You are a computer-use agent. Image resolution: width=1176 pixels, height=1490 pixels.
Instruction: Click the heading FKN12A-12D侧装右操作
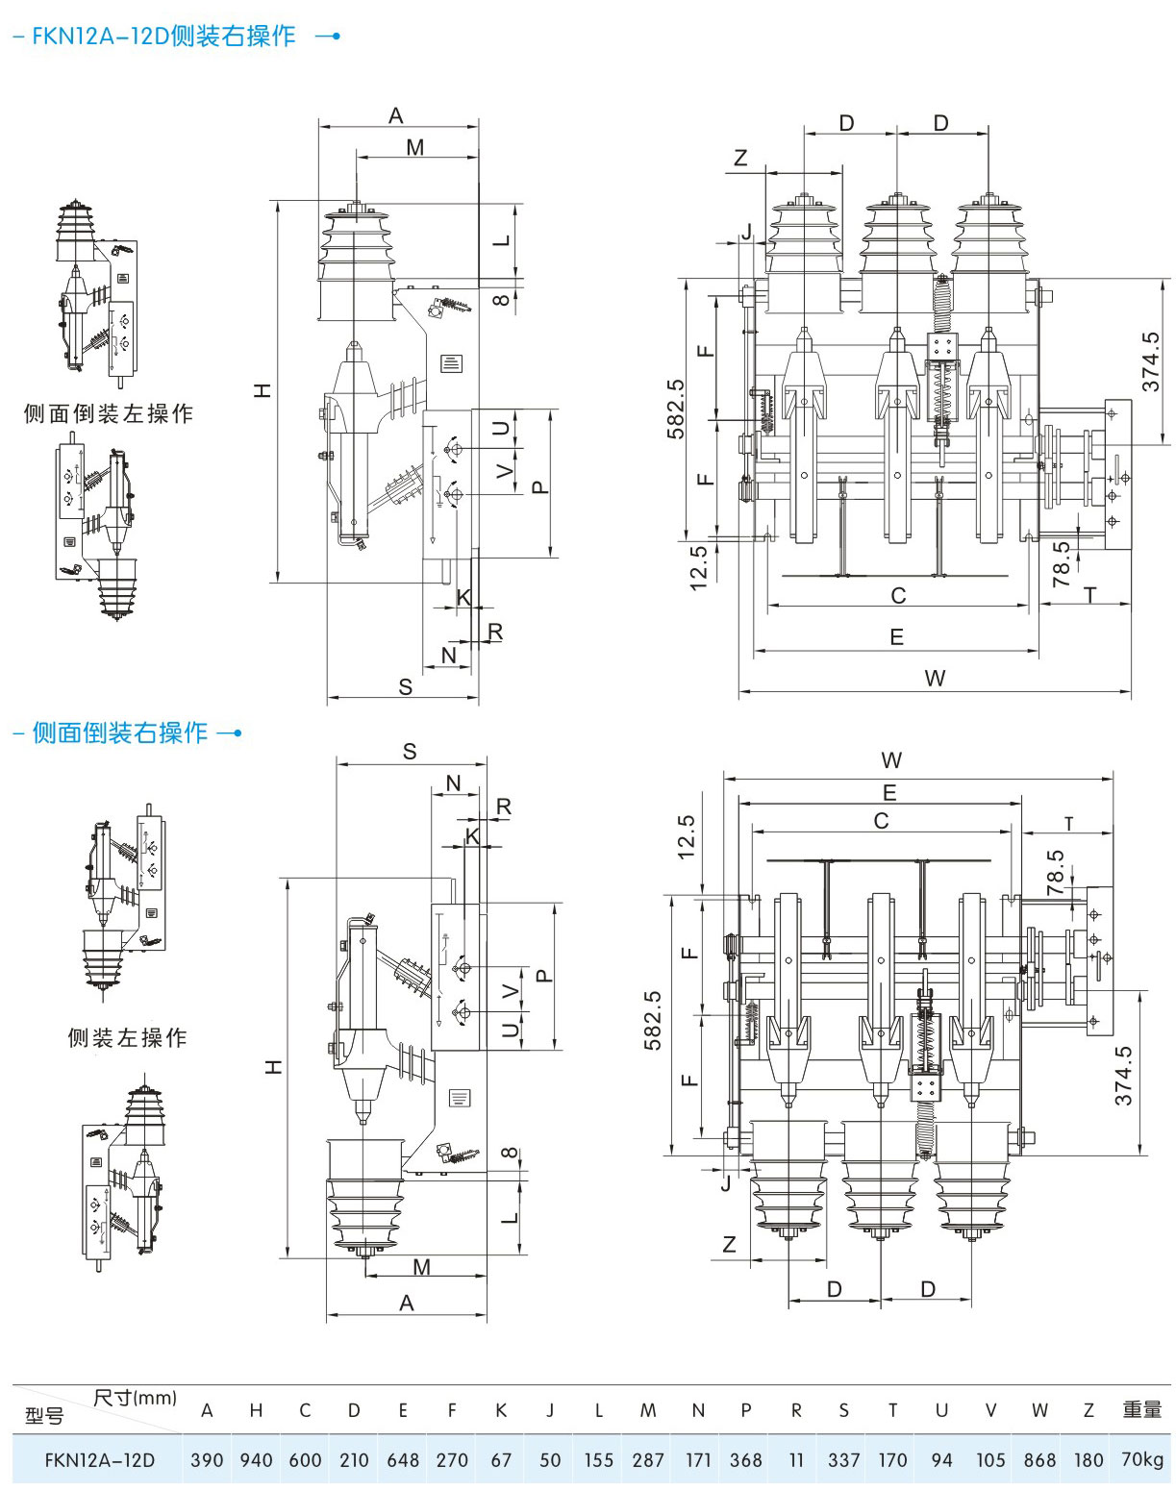click(163, 36)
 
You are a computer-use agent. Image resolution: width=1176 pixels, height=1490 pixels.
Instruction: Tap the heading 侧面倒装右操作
click(120, 733)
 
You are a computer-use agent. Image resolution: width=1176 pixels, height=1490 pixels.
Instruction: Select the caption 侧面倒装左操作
click(108, 413)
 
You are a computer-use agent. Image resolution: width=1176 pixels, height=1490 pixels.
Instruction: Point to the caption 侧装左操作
click(128, 1037)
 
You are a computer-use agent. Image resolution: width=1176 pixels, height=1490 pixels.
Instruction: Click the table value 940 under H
click(256, 1459)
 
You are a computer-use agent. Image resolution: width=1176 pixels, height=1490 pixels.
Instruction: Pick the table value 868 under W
click(1039, 1459)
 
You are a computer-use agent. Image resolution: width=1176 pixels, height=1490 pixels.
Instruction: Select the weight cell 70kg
click(1142, 1459)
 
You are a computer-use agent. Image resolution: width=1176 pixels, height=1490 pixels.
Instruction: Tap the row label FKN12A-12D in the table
click(100, 1459)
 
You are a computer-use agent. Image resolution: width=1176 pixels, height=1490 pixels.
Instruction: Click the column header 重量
click(1142, 1409)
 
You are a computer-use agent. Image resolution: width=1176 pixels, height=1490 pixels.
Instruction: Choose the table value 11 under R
click(796, 1459)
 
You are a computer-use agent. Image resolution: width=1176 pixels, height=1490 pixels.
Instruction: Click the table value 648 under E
click(403, 1459)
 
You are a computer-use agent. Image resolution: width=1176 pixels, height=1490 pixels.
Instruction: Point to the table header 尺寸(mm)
click(135, 1397)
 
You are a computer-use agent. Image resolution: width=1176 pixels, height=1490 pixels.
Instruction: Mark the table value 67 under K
click(501, 1459)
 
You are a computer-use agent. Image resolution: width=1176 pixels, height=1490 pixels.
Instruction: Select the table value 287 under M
click(647, 1459)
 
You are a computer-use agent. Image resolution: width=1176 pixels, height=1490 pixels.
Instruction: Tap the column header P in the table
click(746, 1410)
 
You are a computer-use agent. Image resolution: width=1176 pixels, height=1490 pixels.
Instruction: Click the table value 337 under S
click(843, 1459)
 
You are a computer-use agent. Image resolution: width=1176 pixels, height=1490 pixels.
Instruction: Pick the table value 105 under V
click(990, 1459)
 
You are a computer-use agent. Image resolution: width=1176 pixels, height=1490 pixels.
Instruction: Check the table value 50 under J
click(550, 1459)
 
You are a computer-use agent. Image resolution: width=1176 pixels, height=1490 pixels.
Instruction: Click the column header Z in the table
click(1088, 1410)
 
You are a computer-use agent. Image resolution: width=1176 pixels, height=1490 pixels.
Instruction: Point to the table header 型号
click(44, 1415)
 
